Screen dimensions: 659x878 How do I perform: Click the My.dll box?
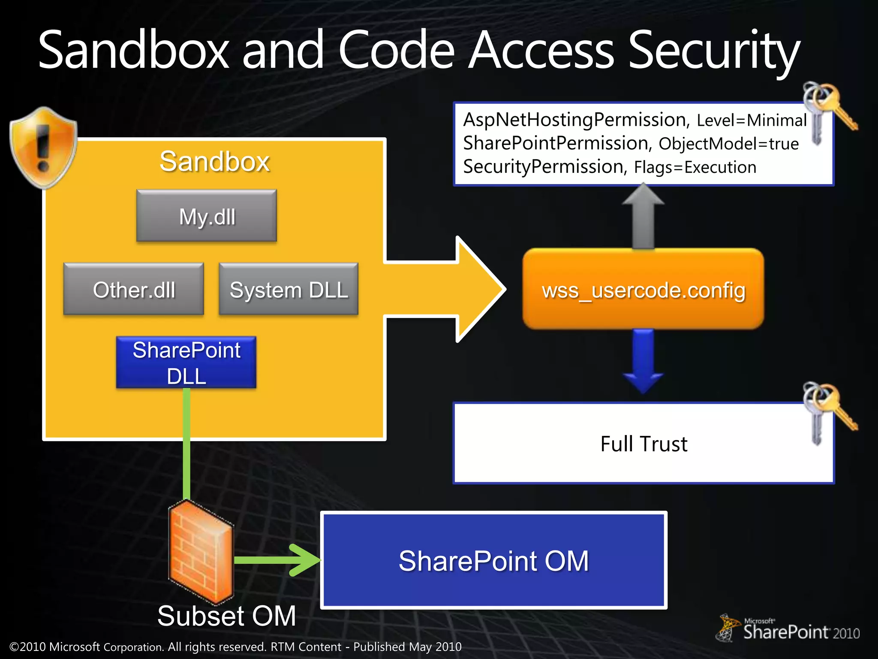click(207, 216)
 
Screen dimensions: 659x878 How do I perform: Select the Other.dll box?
click(134, 290)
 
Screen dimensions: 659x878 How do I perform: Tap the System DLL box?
click(289, 290)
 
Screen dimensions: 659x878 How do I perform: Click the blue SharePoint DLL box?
click(186, 363)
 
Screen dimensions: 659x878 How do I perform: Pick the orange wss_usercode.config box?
click(643, 290)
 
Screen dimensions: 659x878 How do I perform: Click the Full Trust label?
click(643, 444)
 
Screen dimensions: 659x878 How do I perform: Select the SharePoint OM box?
click(494, 560)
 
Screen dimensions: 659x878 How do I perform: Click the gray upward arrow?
click(643, 217)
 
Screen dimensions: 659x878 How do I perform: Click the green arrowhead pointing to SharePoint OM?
click(305, 560)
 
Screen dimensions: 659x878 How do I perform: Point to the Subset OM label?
click(226, 616)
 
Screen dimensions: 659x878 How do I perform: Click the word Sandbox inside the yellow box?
click(214, 162)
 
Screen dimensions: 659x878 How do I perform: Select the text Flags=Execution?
click(695, 167)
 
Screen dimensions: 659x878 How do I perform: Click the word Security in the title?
click(713, 51)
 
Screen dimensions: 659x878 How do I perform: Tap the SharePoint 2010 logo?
click(789, 629)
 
